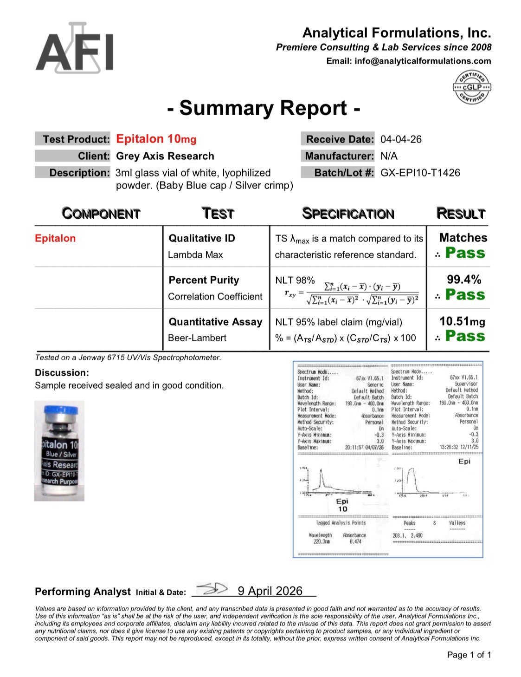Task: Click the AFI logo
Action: [x=75, y=48]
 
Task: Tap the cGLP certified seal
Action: [x=471, y=87]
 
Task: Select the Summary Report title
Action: [x=264, y=108]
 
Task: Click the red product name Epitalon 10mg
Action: [x=156, y=139]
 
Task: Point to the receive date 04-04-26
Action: [x=401, y=139]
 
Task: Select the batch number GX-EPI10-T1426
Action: [x=420, y=173]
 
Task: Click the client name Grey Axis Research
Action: [x=165, y=156]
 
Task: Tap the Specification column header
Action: [x=348, y=214]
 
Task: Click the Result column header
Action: [x=461, y=214]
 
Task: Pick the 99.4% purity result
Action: [x=463, y=280]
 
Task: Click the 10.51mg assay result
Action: [x=462, y=321]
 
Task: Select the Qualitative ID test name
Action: [x=202, y=238]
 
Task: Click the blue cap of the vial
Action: [x=59, y=411]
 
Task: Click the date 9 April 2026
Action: [x=270, y=591]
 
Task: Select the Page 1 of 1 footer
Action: [x=469, y=655]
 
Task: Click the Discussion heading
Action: [x=62, y=372]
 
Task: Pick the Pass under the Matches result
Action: [x=465, y=253]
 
